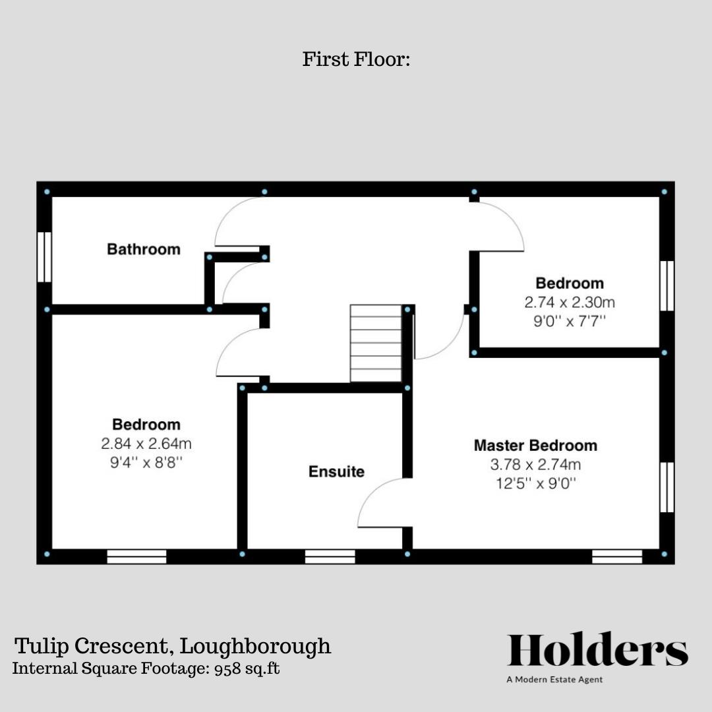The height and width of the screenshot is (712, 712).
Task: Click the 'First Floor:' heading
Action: coord(356,59)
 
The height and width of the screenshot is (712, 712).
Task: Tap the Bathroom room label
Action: coord(144,249)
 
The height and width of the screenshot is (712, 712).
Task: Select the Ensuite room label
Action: coord(336,472)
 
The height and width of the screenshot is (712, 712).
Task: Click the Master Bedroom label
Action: coord(535,446)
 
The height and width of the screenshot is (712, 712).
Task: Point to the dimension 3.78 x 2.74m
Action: coord(535,465)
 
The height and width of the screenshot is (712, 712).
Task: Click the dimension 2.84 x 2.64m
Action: coord(146,444)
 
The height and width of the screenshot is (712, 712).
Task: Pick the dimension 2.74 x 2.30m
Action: coord(570,303)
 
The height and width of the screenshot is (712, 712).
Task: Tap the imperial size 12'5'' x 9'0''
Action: coord(535,483)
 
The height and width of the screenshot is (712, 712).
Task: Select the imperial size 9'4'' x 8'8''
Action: coord(146,463)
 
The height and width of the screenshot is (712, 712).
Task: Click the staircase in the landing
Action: coord(376,343)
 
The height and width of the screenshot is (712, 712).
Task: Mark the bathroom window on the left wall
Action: coord(45,257)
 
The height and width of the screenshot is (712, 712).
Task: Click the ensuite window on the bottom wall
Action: coord(330,556)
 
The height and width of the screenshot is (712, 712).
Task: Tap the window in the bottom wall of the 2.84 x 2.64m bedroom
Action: coord(136,556)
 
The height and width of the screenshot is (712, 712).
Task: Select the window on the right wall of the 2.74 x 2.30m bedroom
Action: coord(667,285)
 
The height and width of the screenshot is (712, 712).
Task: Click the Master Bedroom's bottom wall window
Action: coord(616,556)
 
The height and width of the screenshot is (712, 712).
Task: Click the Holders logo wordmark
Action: coord(597,650)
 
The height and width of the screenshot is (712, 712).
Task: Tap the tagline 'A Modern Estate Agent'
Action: coord(554,680)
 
